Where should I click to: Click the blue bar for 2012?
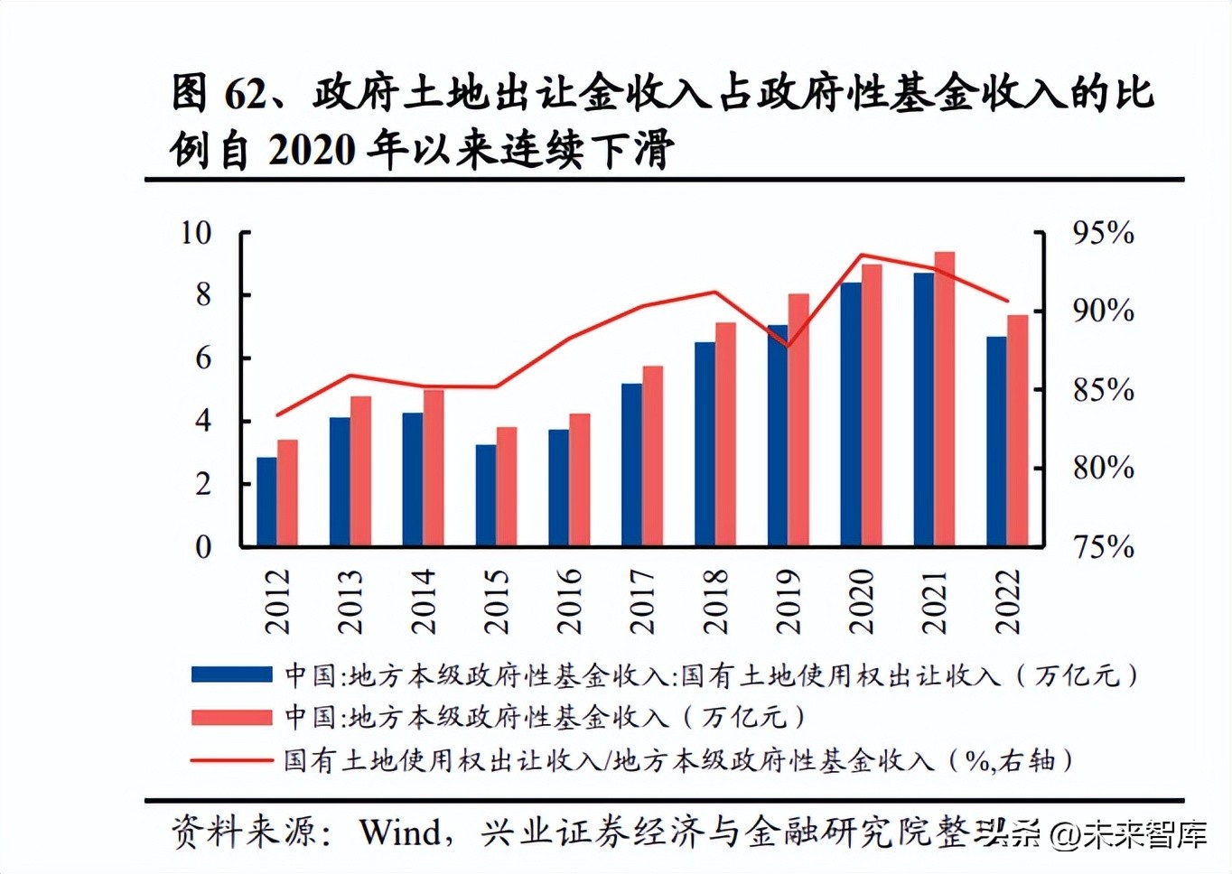point(266,502)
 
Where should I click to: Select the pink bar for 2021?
point(944,399)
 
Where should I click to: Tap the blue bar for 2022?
point(996,442)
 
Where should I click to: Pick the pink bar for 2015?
point(507,487)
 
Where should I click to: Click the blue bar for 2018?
point(705,444)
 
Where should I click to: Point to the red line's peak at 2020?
point(862,256)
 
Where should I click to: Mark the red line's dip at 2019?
point(789,346)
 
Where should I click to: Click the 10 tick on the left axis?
point(196,233)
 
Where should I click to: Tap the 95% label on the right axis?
point(1103,233)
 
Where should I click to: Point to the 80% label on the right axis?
point(1103,468)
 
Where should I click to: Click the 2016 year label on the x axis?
point(569,601)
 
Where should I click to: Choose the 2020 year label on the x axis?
point(861,601)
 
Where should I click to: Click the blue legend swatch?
point(231,674)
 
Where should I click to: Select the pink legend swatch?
point(231,717)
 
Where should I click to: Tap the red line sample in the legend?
point(231,760)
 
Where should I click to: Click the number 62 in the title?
point(245,94)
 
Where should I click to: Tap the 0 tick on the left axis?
point(204,547)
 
